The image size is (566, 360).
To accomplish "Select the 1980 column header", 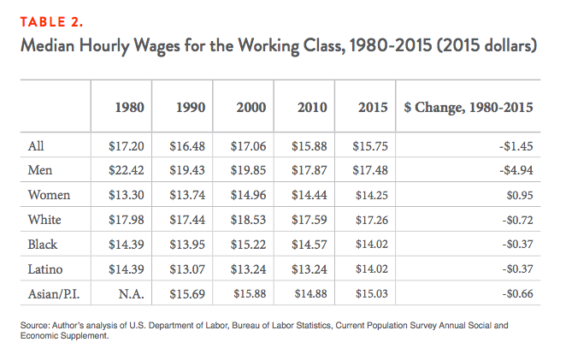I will [129, 109].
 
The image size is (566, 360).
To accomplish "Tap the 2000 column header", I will [250, 109].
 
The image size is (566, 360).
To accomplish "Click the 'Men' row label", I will [40, 169].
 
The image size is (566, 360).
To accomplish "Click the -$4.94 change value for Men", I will [516, 170].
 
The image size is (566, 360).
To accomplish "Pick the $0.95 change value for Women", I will [519, 193].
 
